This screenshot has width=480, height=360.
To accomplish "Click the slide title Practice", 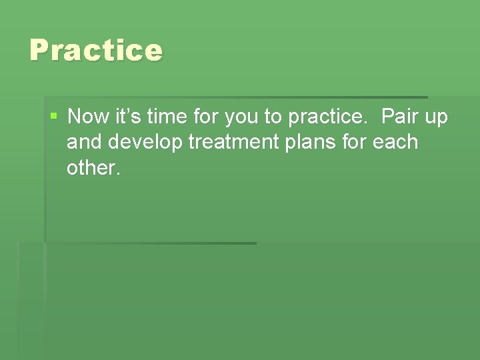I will [96, 51].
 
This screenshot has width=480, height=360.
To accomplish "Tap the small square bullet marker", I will [54, 117].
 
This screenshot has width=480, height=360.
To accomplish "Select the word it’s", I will [125, 117].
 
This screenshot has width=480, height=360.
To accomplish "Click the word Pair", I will [401, 117].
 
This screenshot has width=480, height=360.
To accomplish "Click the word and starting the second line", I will [83, 142].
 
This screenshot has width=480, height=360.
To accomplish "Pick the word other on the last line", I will [91, 167].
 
